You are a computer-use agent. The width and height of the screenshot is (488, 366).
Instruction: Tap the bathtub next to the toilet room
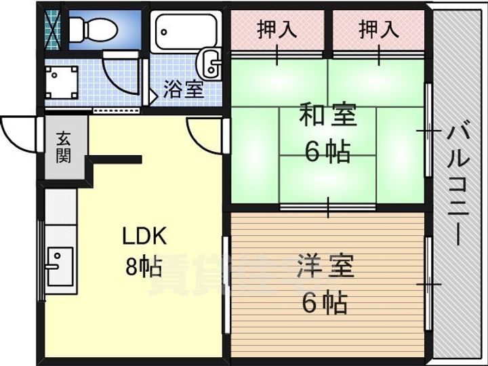[185, 30]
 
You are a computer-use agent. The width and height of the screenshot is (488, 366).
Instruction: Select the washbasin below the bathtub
[210, 64]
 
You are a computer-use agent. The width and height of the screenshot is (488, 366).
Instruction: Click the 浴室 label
[184, 89]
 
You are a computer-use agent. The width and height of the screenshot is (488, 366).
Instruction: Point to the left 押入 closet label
[277, 30]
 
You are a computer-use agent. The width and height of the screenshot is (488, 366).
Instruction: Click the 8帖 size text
[143, 268]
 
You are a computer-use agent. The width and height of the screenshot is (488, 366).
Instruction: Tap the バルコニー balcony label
[455, 183]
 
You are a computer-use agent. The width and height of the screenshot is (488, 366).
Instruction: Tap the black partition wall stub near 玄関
[115, 160]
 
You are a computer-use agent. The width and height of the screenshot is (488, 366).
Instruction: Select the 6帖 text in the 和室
[327, 152]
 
